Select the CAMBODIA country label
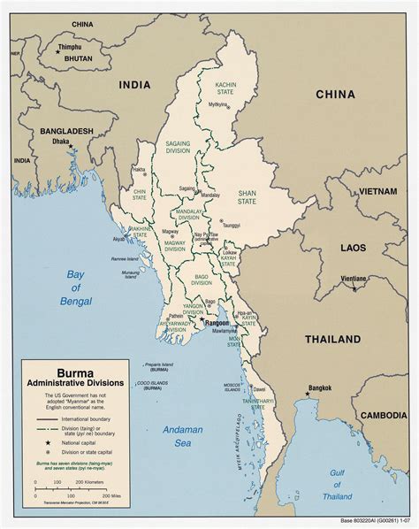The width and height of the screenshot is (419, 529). pyautogui.click(x=383, y=416)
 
